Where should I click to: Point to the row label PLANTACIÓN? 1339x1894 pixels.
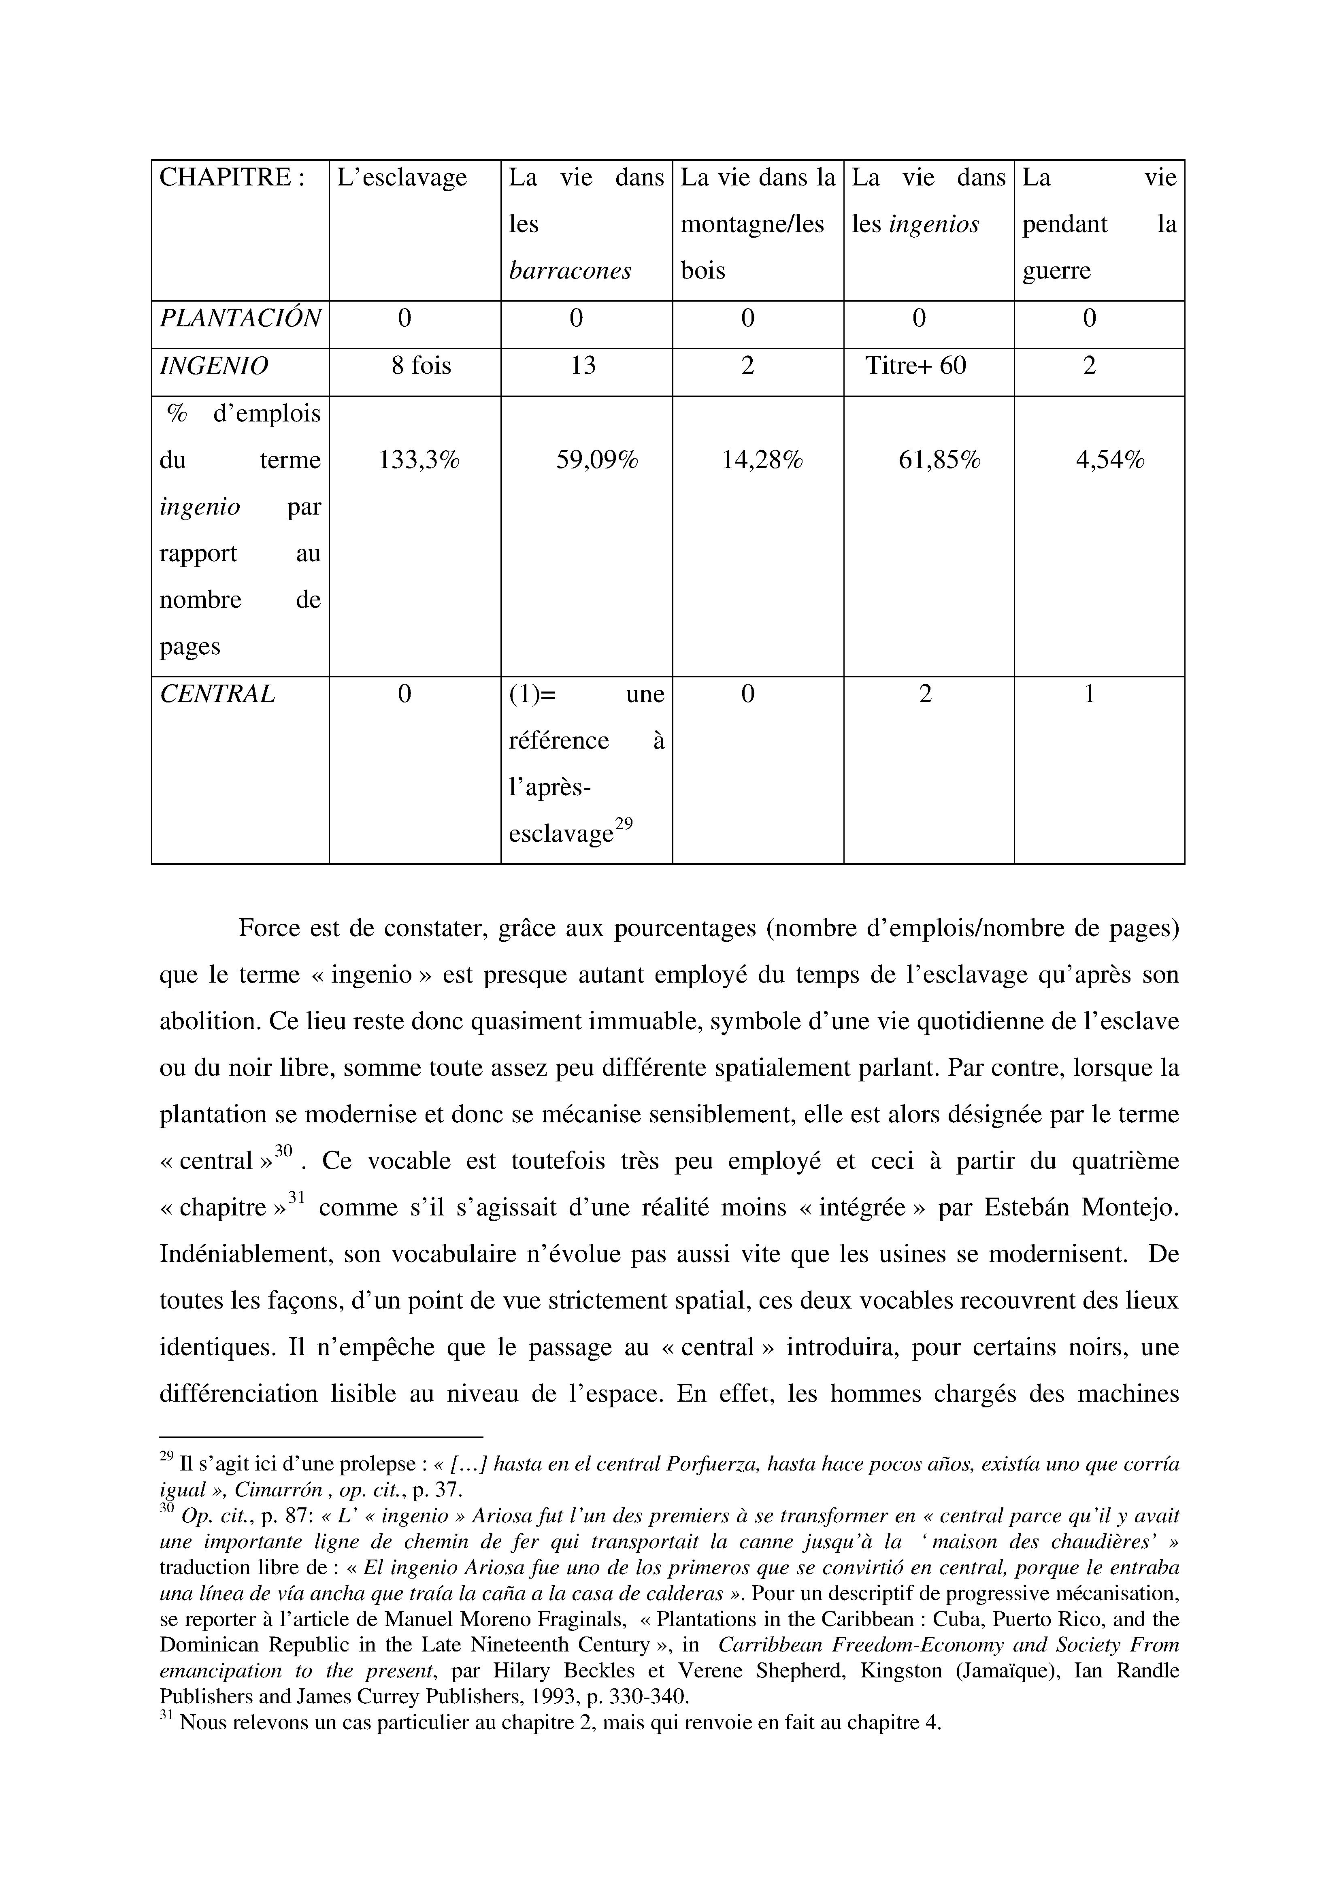click(239, 318)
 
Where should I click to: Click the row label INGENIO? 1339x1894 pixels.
click(214, 366)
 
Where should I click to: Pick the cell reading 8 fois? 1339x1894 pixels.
click(421, 366)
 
